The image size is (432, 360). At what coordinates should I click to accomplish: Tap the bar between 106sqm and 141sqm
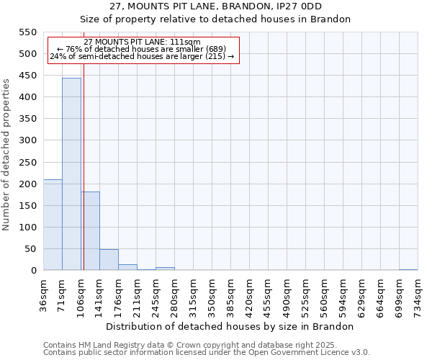[x=90, y=230]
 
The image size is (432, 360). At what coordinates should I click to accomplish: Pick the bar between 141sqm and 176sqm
[x=109, y=260]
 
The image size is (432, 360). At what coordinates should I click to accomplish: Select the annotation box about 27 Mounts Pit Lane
[x=143, y=50]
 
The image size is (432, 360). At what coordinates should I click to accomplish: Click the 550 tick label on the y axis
[x=27, y=32]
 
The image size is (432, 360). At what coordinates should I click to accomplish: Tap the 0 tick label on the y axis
[x=33, y=271]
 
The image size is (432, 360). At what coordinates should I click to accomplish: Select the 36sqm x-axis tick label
[x=44, y=294]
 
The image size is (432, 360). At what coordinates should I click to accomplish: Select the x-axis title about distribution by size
[x=235, y=326]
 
